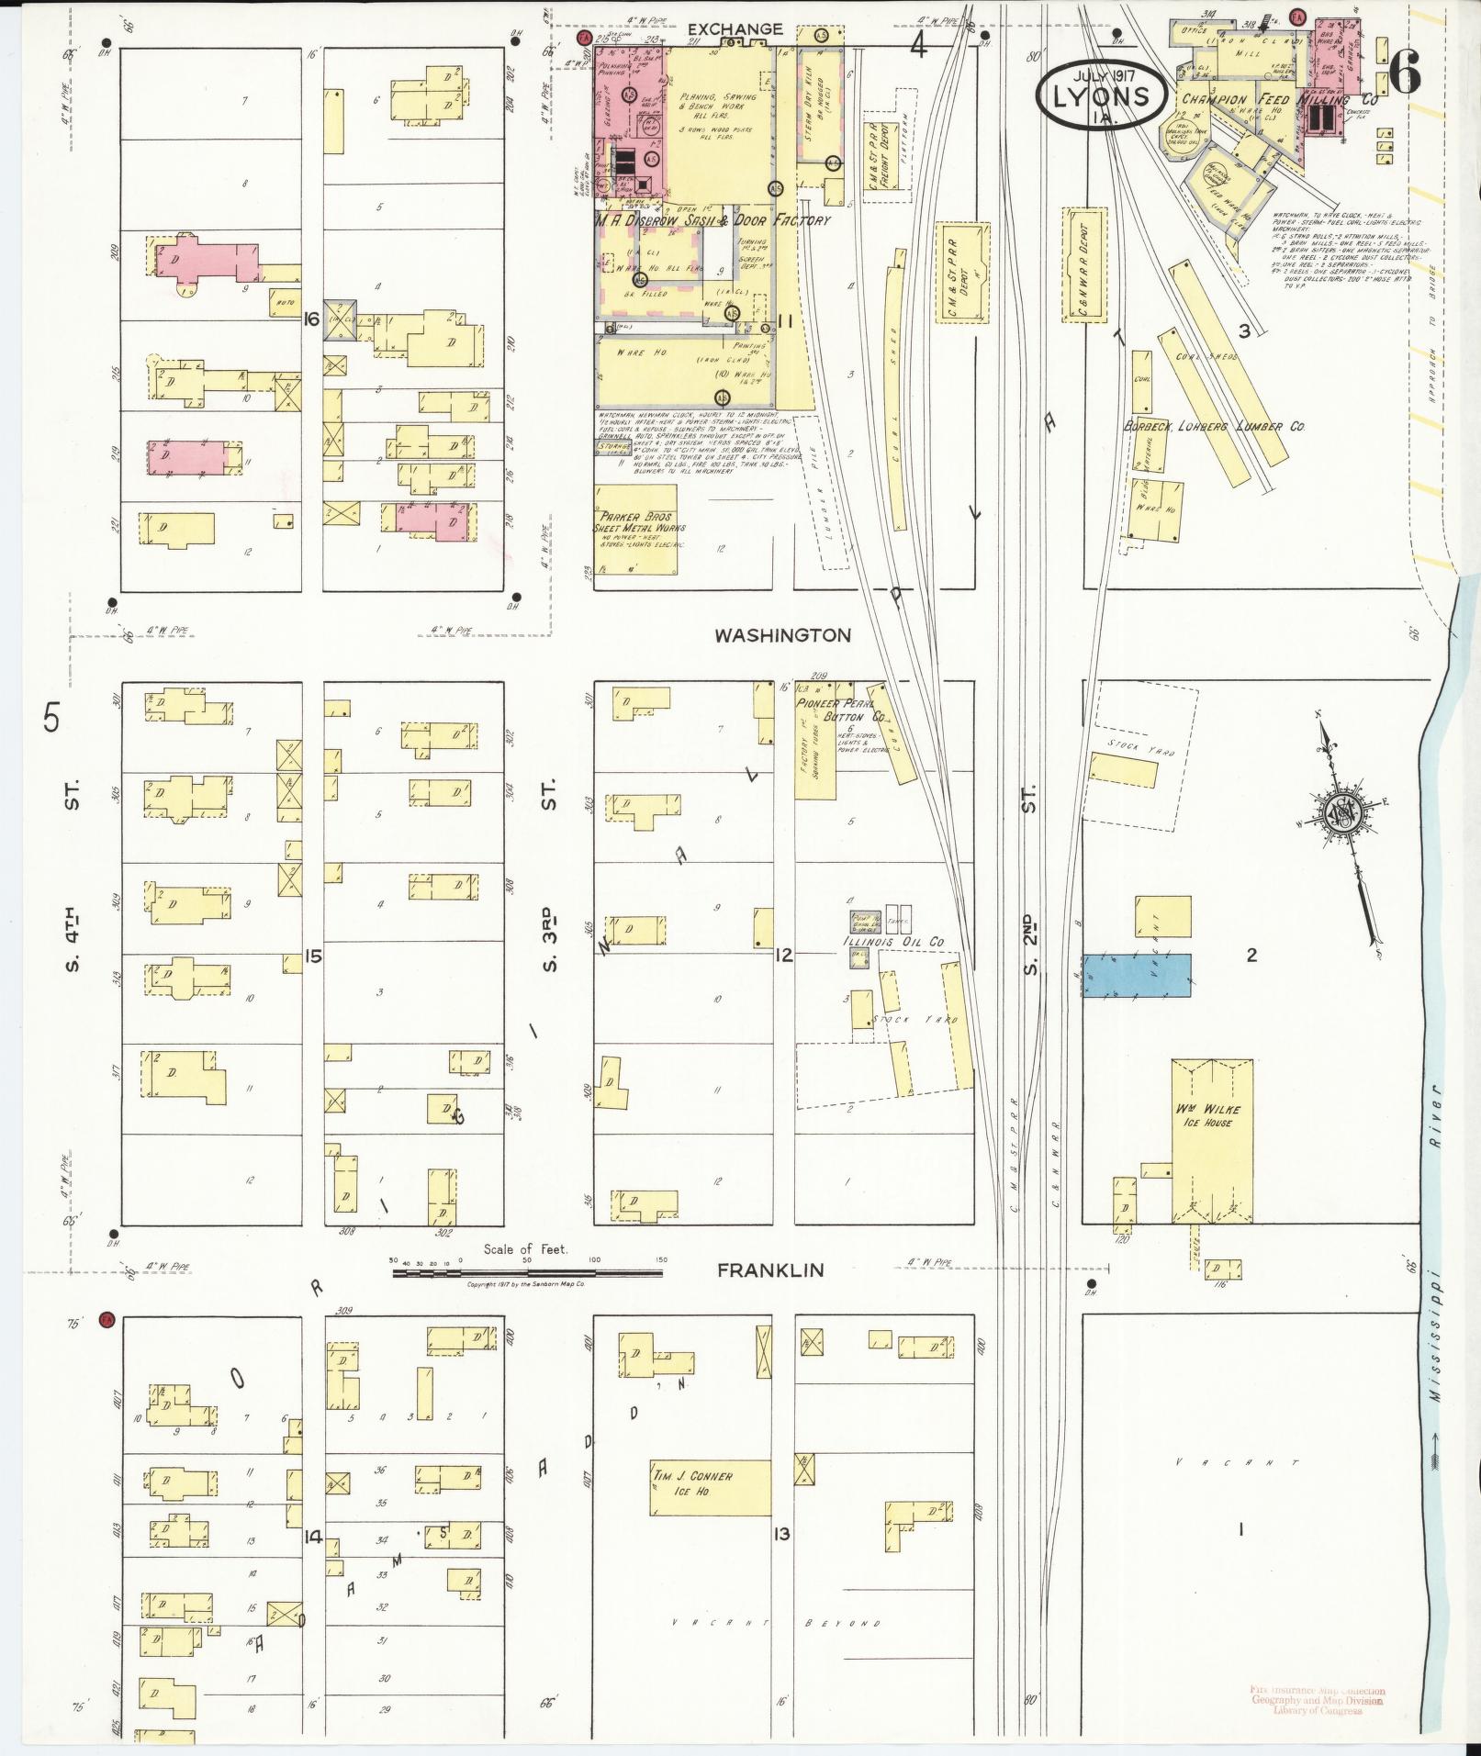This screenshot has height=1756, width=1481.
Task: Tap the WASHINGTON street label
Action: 783,635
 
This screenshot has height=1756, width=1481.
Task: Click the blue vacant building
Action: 1136,975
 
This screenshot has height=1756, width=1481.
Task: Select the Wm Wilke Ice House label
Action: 1213,1116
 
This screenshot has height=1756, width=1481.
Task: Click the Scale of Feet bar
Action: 528,1273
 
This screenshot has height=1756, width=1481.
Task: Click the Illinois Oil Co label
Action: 893,942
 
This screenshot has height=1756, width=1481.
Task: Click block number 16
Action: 312,319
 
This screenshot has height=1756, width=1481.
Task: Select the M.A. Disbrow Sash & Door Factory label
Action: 712,220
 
